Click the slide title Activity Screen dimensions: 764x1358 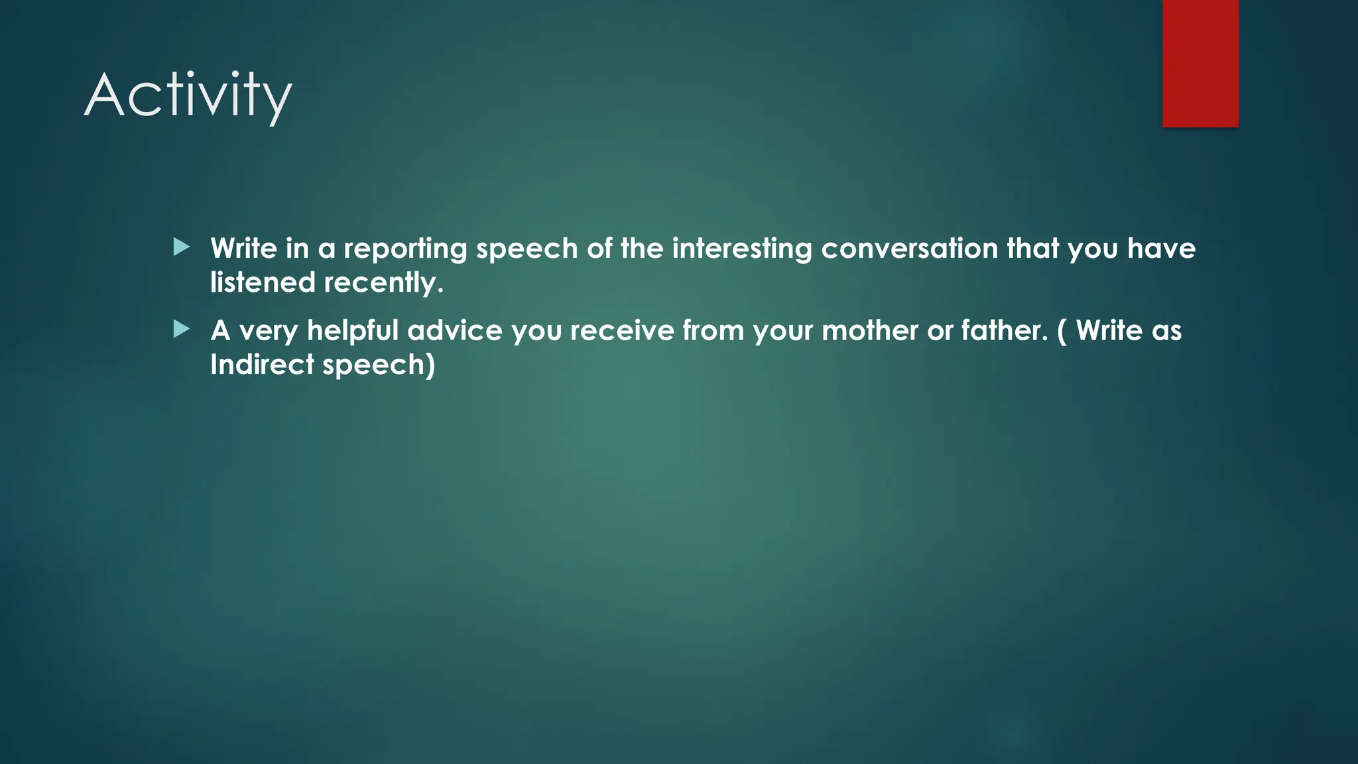point(188,96)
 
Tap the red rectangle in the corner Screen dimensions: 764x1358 point(1200,63)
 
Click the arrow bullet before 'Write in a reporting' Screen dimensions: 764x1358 point(181,248)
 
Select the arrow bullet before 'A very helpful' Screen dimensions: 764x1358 point(181,330)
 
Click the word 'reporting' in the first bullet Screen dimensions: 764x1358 point(405,249)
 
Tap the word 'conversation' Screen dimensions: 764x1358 point(910,249)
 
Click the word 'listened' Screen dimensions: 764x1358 point(263,283)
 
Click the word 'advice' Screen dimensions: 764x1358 point(455,330)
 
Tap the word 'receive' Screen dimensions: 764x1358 point(622,330)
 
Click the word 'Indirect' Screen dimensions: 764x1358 point(262,364)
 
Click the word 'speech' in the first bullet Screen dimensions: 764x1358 point(527,249)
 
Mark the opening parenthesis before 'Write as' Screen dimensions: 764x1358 point(1062,331)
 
